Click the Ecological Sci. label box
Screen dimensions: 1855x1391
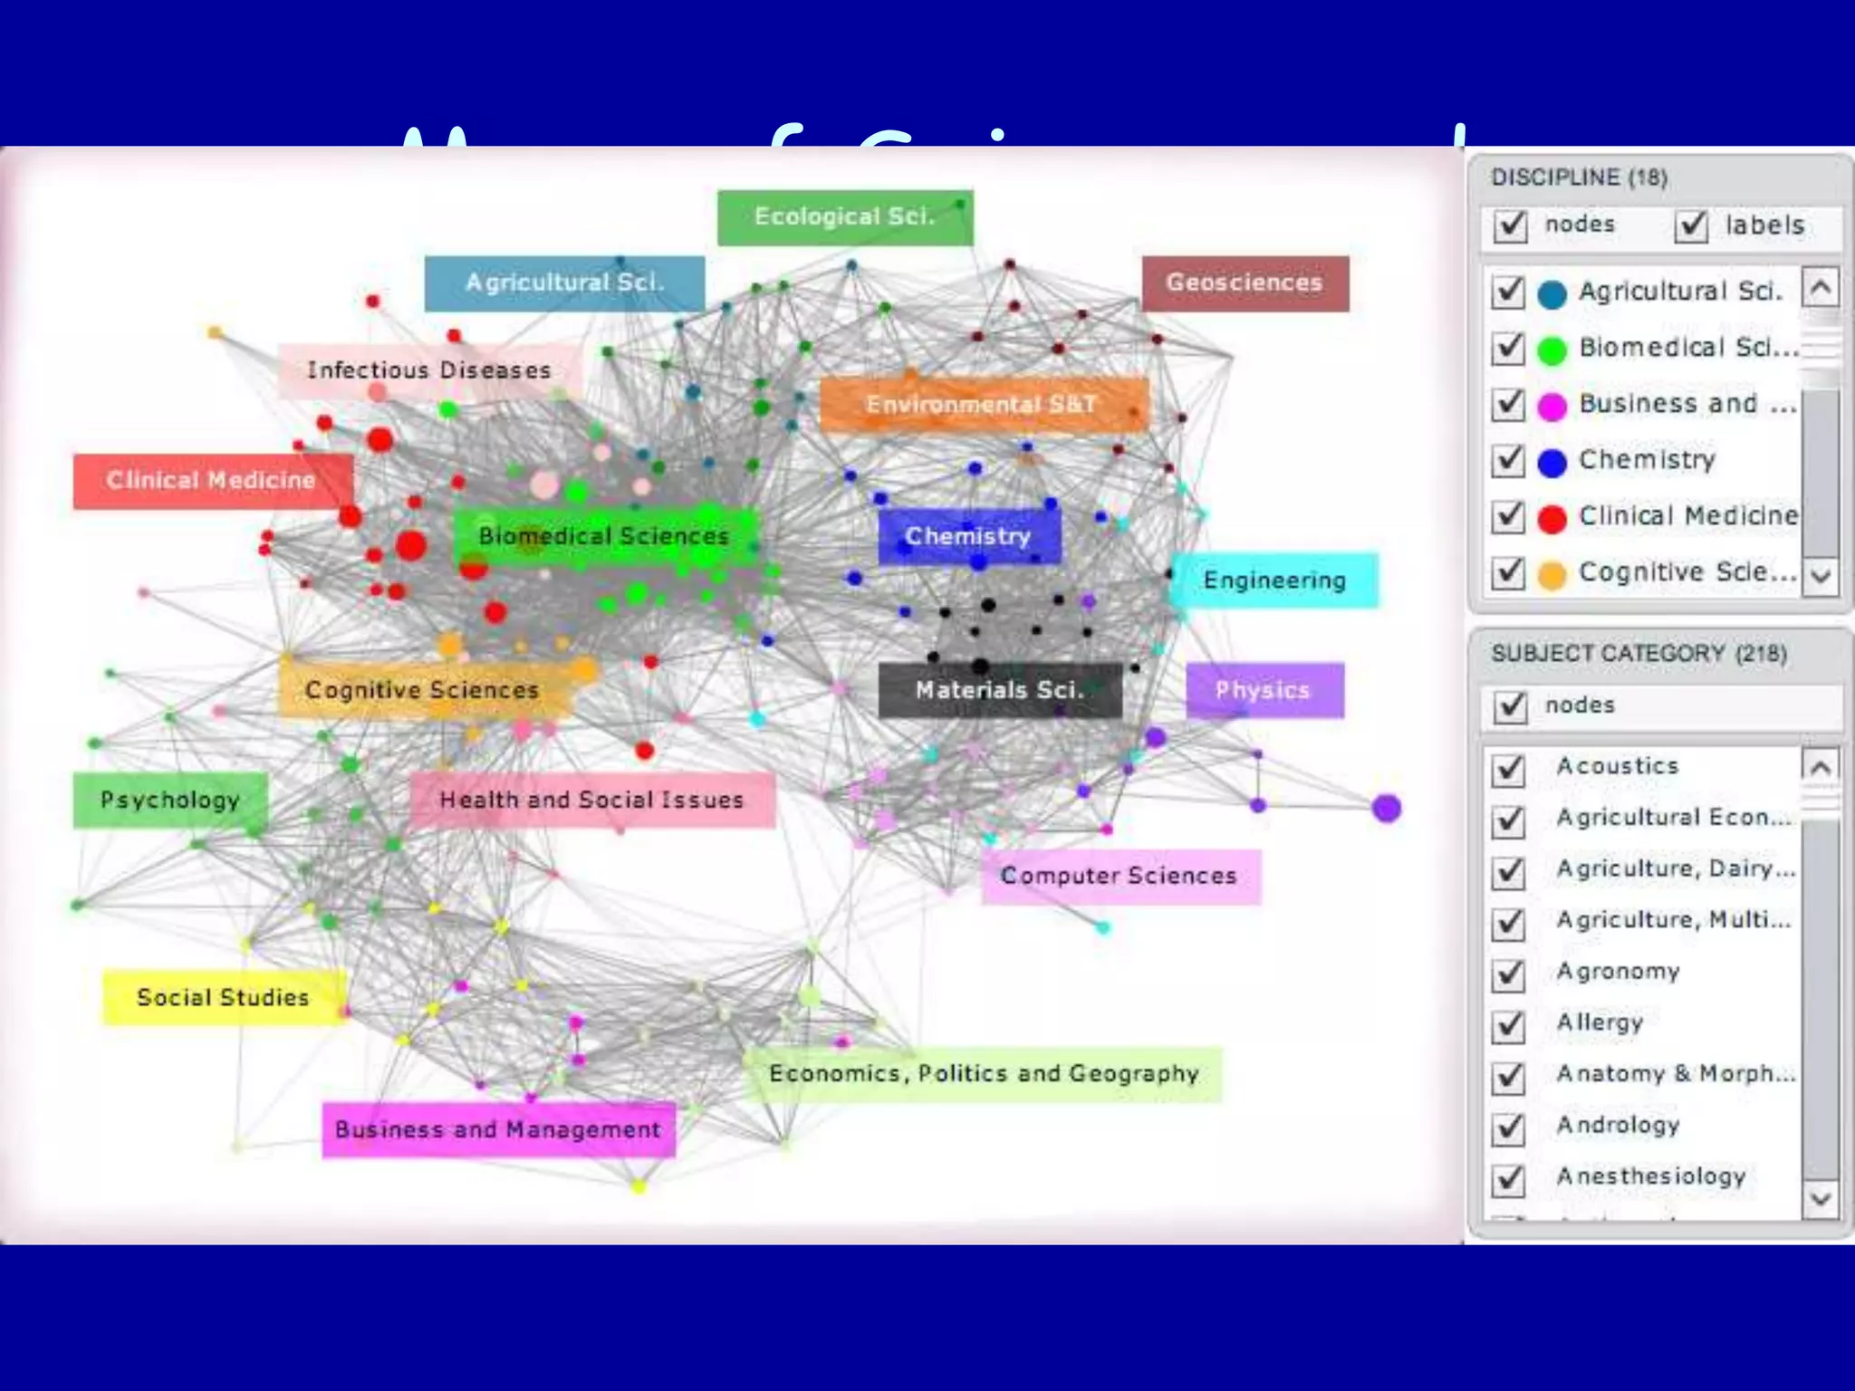(844, 217)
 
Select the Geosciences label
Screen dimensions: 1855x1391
(1245, 283)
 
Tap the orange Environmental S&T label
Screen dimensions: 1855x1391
(983, 404)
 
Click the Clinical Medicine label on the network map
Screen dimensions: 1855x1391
(211, 481)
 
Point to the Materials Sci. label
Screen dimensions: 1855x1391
(1000, 691)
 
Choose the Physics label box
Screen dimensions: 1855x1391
(1264, 691)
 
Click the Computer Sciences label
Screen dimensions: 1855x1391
(1120, 877)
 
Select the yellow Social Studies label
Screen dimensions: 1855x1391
(223, 998)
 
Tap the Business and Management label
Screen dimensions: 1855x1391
(498, 1130)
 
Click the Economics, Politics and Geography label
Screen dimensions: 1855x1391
(984, 1074)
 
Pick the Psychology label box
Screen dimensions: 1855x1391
(170, 801)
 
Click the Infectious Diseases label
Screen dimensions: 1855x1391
(428, 370)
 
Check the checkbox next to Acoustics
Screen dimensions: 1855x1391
(1509, 768)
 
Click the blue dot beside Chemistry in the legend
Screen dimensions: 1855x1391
(1552, 462)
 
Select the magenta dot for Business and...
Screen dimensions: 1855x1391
(1552, 406)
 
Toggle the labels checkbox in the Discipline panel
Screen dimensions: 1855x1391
(1691, 225)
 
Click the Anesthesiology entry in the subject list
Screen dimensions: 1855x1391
(1650, 1176)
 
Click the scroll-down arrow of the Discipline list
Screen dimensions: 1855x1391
(1821, 575)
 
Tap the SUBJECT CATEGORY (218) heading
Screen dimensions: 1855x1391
(1639, 654)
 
